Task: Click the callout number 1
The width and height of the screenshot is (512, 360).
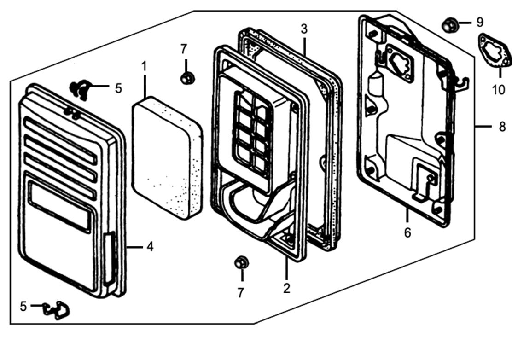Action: click(x=144, y=66)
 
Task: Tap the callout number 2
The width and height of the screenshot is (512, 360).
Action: click(x=287, y=288)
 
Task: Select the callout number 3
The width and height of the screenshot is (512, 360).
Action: click(x=304, y=29)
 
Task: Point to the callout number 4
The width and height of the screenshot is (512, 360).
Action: click(x=150, y=247)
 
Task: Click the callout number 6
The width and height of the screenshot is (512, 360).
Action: click(x=407, y=232)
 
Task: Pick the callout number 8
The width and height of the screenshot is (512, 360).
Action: click(x=502, y=126)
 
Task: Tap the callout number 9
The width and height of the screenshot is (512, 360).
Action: click(x=480, y=22)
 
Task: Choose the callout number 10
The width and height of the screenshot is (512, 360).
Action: click(x=498, y=89)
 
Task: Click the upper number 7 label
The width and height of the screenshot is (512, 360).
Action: click(x=184, y=48)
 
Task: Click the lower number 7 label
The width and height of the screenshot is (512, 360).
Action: click(x=241, y=293)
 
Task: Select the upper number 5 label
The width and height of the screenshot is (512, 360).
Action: click(x=118, y=88)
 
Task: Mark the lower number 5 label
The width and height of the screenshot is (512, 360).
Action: click(x=23, y=306)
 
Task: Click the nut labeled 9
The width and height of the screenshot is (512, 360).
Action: click(x=449, y=24)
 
